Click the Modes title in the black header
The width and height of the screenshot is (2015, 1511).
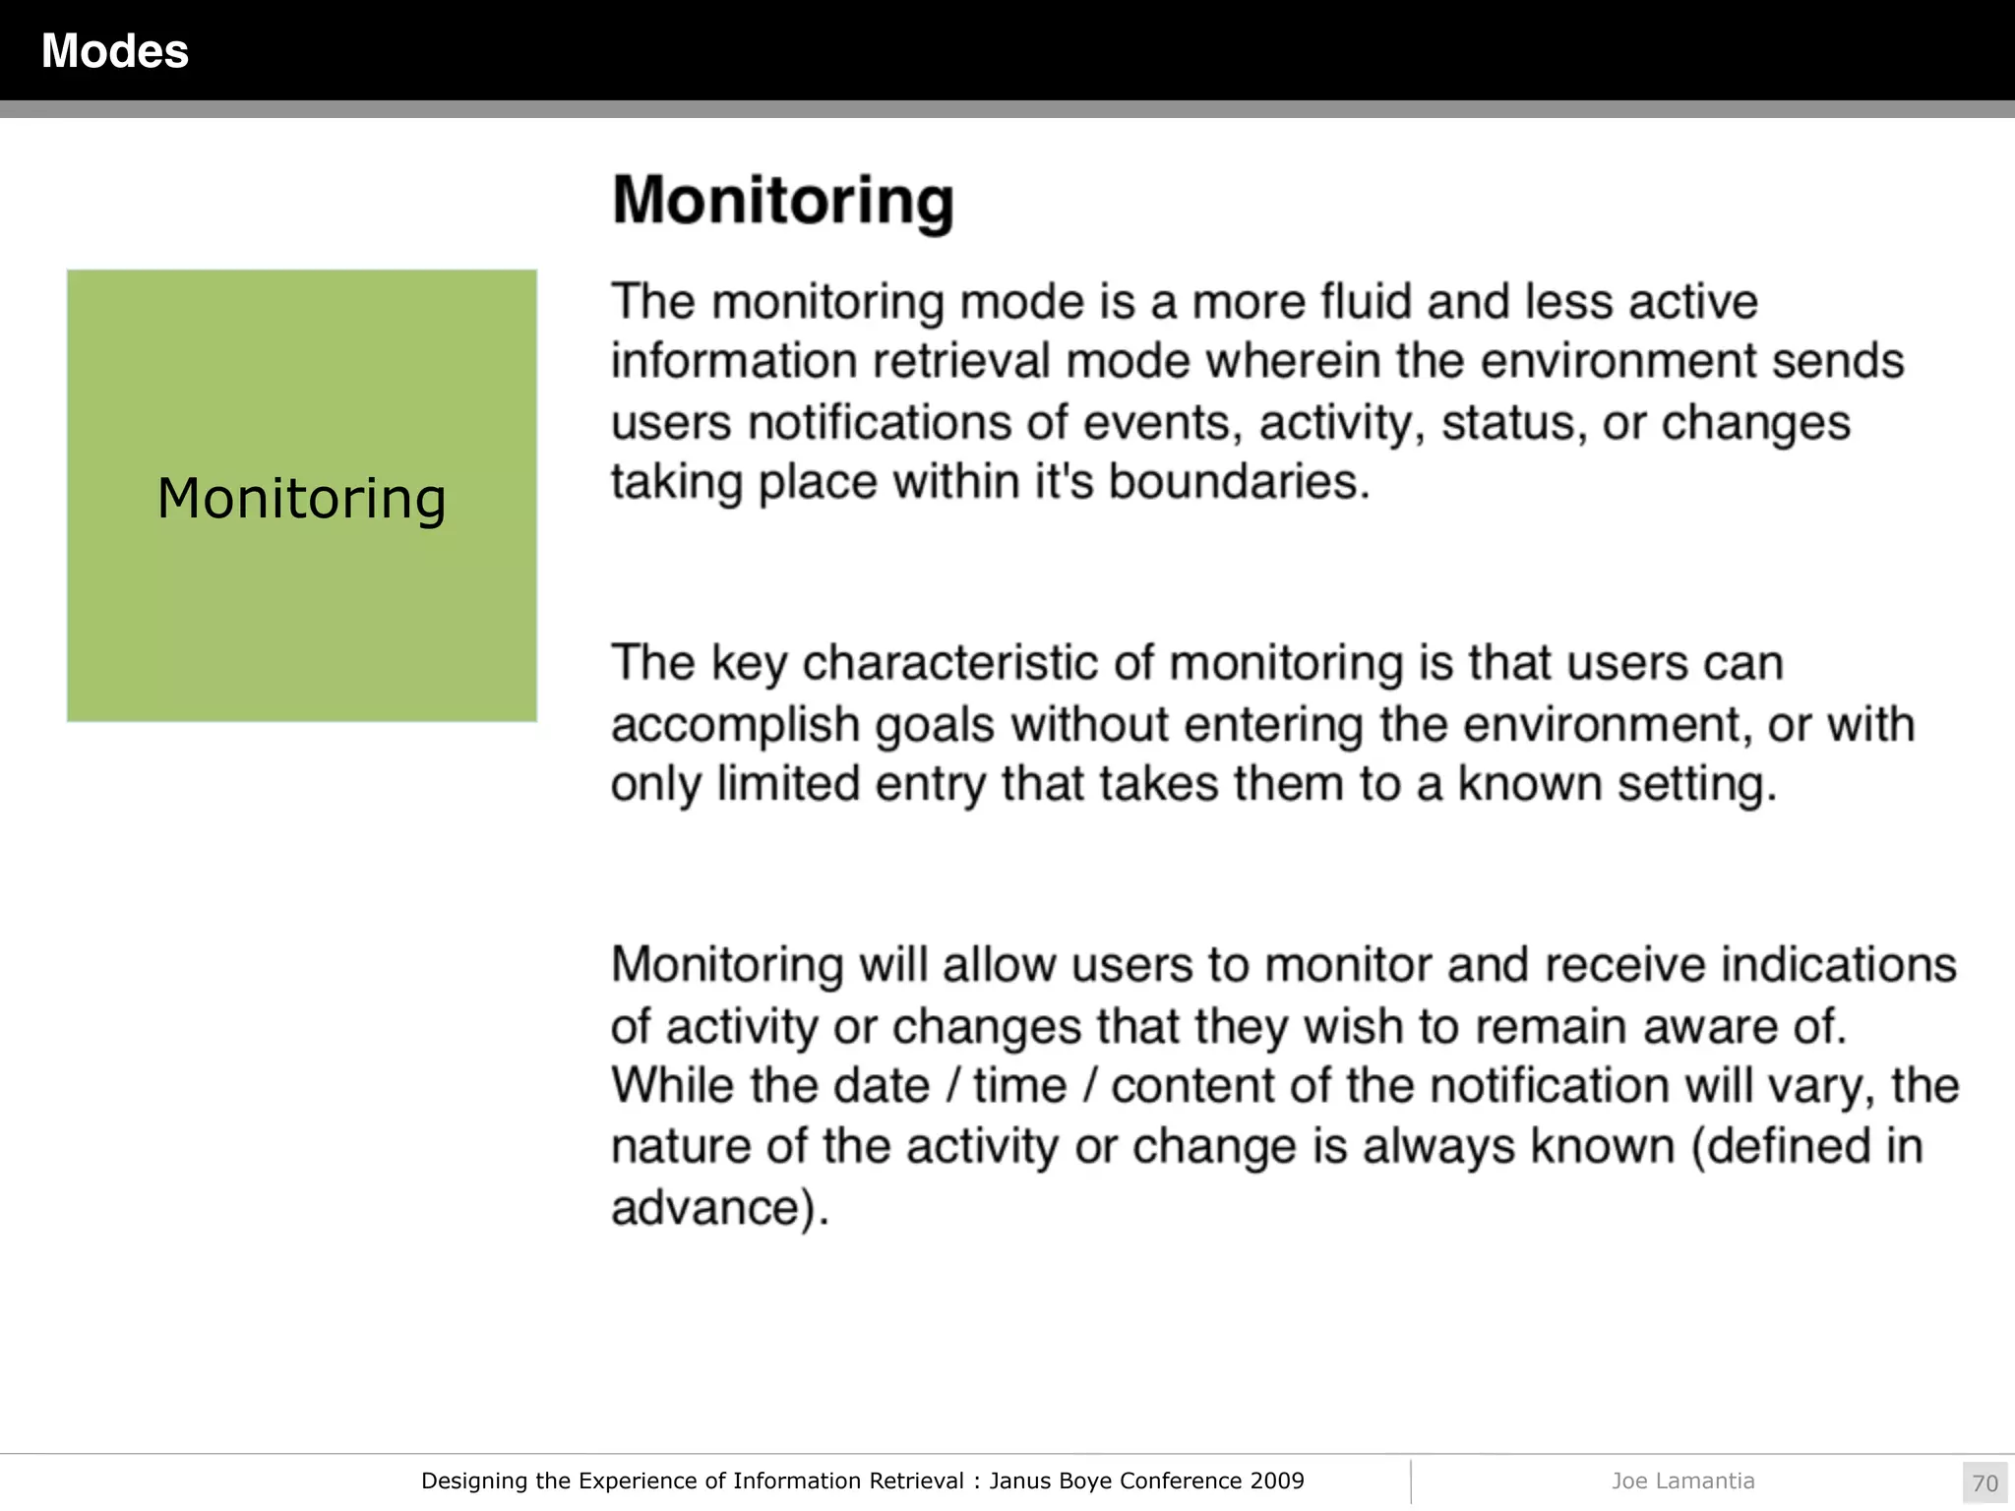[x=114, y=51]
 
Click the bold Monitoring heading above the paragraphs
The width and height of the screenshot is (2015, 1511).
[x=782, y=201]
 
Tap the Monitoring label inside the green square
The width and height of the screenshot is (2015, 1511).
[x=301, y=498]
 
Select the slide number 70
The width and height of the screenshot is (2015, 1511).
[x=1984, y=1482]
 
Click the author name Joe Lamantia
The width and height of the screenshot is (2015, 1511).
[x=1682, y=1481]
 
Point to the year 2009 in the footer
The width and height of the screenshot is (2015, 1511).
[x=1277, y=1481]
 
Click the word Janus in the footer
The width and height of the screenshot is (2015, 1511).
[x=1019, y=1481]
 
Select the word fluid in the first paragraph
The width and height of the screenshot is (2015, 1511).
[x=1366, y=301]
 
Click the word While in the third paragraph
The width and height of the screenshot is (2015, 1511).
[x=672, y=1086]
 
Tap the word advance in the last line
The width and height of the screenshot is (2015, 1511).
[x=705, y=1207]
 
